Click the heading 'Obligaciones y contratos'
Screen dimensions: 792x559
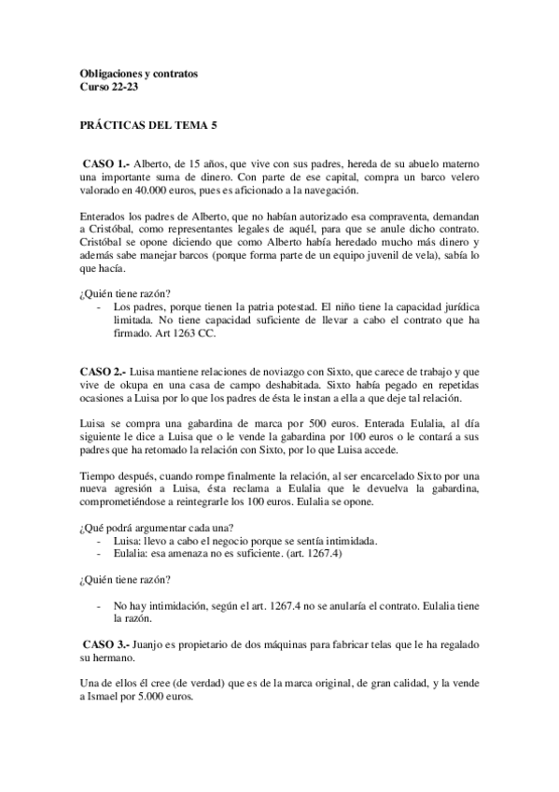coord(139,72)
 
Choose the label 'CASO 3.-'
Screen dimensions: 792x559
coord(106,644)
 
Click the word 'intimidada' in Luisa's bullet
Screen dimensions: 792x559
coord(349,541)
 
